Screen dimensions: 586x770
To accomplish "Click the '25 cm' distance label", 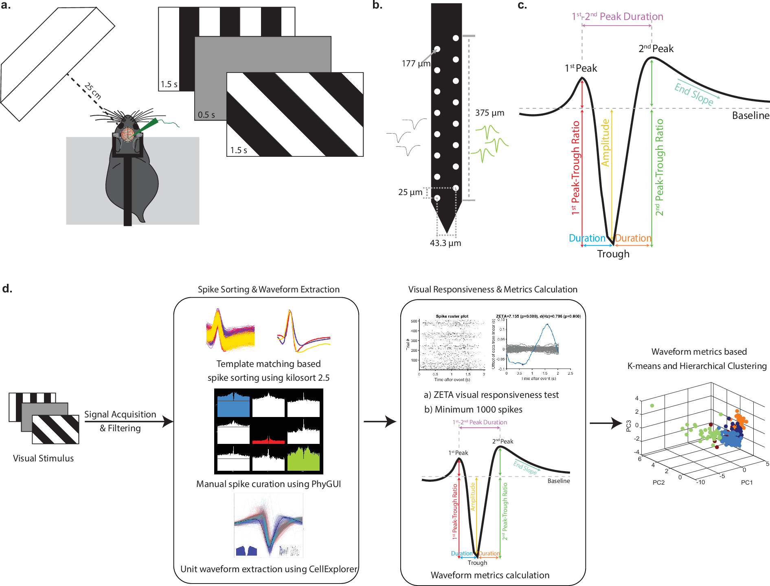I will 93,91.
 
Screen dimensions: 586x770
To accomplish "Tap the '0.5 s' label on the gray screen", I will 206,115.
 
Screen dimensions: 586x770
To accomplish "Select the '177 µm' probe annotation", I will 415,64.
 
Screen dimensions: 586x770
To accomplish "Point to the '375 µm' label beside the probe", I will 489,113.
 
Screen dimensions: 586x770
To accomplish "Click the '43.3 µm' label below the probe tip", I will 445,243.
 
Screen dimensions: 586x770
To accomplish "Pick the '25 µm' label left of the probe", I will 410,192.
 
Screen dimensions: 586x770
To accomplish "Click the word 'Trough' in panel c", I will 613,254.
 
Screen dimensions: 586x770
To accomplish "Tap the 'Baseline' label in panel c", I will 750,116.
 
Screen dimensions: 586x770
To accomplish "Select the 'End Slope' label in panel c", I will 694,94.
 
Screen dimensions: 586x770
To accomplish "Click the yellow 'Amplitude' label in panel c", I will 605,143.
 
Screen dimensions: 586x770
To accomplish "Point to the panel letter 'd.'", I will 7,289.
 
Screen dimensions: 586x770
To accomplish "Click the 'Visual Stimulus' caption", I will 43,458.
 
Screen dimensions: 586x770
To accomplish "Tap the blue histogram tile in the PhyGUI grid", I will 233,405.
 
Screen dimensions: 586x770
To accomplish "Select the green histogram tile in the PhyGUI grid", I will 303,459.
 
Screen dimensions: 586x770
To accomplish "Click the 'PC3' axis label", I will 629,426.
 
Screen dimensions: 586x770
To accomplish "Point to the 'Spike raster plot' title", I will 452,316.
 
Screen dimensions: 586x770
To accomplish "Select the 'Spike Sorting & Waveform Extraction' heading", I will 268,290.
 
